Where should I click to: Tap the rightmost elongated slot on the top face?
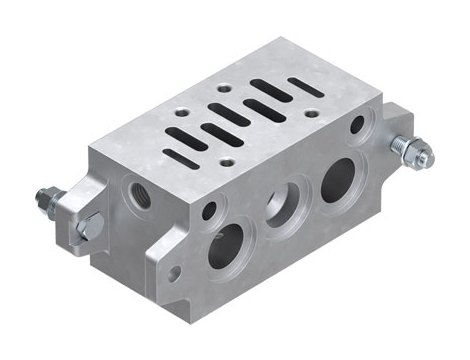(x=305, y=87)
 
